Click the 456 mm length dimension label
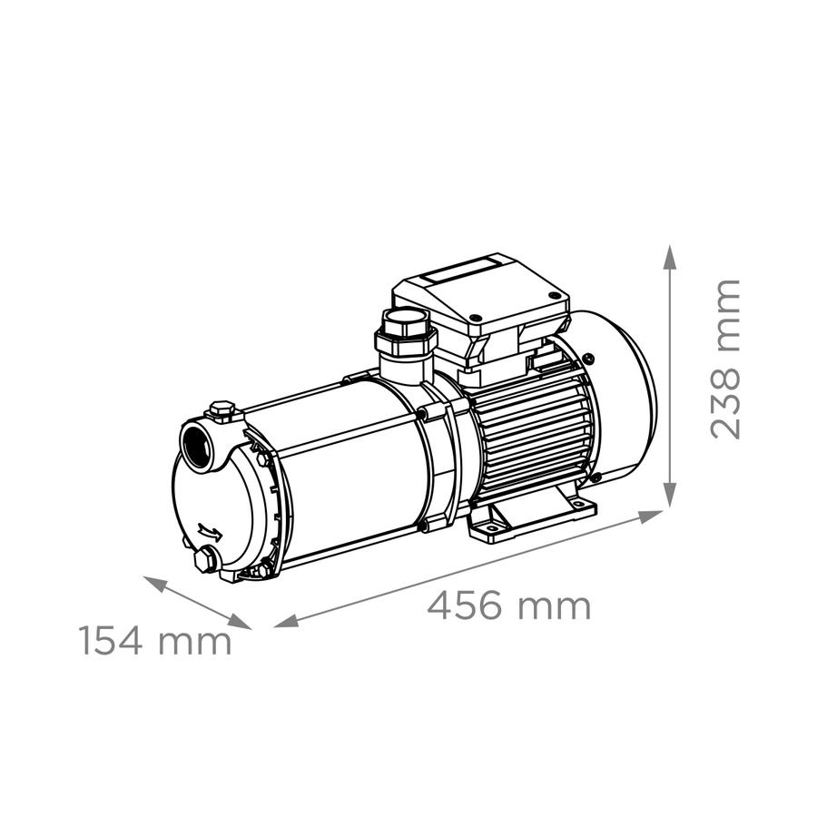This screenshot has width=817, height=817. [x=509, y=605]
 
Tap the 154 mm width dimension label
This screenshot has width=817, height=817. [x=155, y=640]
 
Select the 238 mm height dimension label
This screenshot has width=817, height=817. [x=724, y=359]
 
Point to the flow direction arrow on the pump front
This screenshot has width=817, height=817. [x=210, y=533]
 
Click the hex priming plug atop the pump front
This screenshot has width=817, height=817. [x=223, y=409]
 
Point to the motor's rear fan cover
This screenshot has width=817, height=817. [x=620, y=397]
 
